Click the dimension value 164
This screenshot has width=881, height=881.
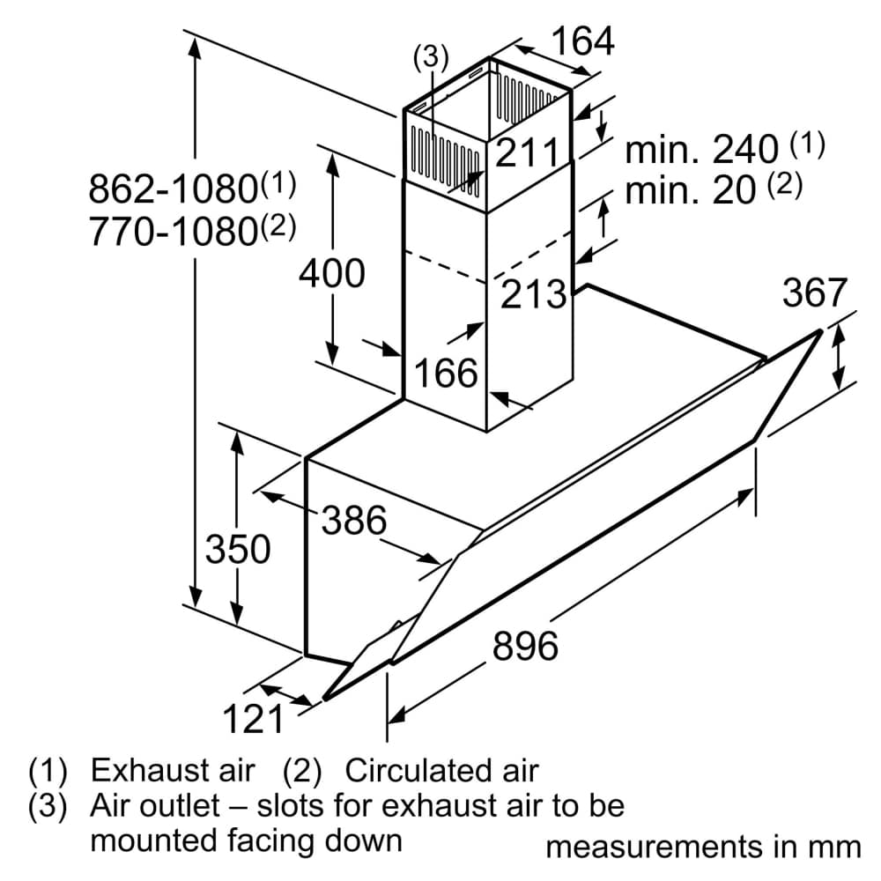click(x=582, y=41)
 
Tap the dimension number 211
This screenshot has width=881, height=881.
click(x=527, y=153)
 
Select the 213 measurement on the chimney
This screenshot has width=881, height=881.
click(x=532, y=294)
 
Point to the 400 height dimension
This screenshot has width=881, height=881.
click(x=331, y=273)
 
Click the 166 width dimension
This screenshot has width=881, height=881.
click(x=446, y=374)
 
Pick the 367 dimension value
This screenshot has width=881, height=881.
click(x=814, y=293)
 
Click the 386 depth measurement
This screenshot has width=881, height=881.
click(x=353, y=521)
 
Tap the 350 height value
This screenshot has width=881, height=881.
click(x=237, y=550)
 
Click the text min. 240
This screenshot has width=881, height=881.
click(x=701, y=150)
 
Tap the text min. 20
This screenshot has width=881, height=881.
click(x=691, y=190)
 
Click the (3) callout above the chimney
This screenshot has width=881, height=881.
click(x=431, y=57)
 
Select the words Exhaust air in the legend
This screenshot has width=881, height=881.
click(x=173, y=771)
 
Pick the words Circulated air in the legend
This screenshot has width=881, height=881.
click(x=440, y=771)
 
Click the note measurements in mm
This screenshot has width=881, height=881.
click(x=703, y=847)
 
